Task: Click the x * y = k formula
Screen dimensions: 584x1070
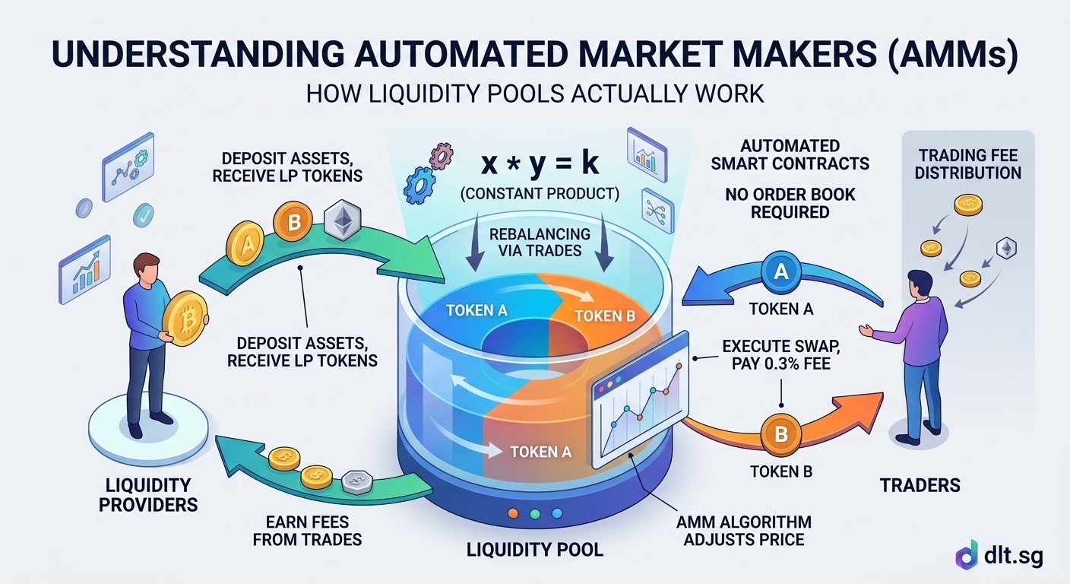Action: click(x=539, y=163)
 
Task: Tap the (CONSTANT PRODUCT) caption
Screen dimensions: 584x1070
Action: click(x=539, y=195)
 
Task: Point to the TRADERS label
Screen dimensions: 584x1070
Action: click(x=920, y=484)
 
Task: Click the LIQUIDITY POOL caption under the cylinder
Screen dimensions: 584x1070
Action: click(x=535, y=549)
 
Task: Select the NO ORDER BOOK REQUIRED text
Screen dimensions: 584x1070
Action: click(x=790, y=202)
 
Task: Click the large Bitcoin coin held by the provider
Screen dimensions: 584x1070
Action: click(x=182, y=319)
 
